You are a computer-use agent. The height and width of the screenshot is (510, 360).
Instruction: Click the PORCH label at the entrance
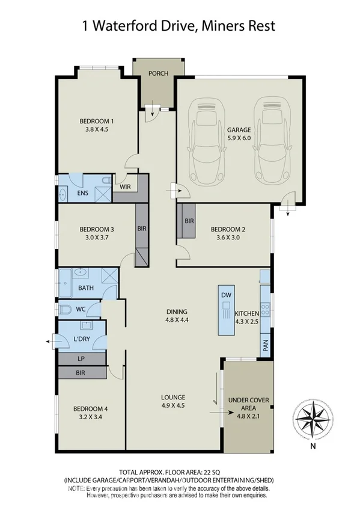[x=159, y=74]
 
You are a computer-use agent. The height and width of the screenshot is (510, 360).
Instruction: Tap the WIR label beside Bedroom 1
[x=125, y=186]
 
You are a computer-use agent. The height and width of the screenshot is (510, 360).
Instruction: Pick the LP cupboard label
[x=81, y=359]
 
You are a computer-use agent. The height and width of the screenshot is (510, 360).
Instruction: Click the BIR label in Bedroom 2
[x=189, y=221]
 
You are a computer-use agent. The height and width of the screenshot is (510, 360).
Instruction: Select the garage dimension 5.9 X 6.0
[x=239, y=138]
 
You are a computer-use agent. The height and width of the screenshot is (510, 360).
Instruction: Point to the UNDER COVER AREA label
[x=247, y=406]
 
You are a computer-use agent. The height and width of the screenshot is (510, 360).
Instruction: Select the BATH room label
[x=87, y=289]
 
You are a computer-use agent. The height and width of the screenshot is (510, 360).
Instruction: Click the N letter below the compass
[x=313, y=446]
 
